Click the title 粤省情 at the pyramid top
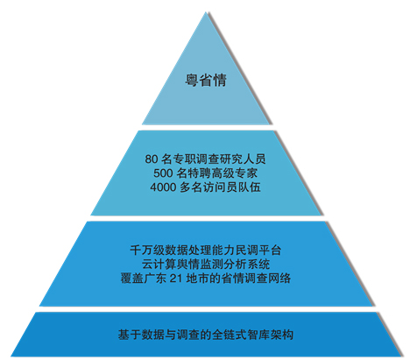[206, 80]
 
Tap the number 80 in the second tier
[152, 159]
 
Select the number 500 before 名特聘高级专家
[163, 173]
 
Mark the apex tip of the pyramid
[206, 12]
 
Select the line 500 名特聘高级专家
[206, 173]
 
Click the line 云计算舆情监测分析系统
[206, 265]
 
